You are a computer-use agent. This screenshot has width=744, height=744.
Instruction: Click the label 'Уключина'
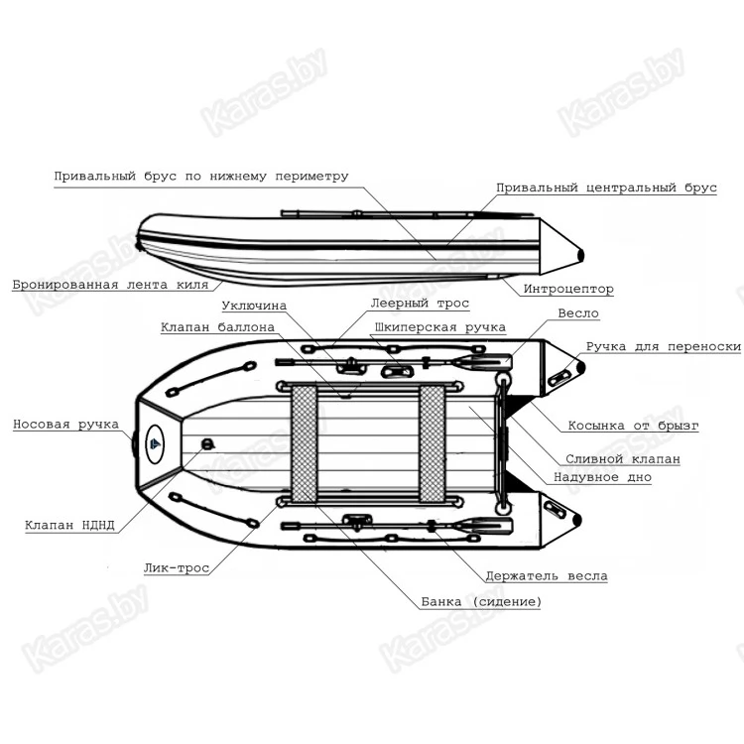pos(254,306)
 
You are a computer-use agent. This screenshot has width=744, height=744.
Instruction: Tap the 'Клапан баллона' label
pos(217,327)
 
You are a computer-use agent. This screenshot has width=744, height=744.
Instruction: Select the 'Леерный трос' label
pos(420,304)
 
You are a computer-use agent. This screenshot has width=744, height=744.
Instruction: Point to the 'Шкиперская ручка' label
pos(439,327)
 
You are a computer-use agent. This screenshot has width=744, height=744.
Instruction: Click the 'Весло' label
pos(578,313)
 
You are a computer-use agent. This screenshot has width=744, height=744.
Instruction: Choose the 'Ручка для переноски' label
pos(664,347)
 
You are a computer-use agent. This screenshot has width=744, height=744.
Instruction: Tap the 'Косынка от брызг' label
pos(634,426)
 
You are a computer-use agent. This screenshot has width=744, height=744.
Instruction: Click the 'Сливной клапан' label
pos(623,459)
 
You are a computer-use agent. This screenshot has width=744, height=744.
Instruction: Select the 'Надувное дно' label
pos(602,477)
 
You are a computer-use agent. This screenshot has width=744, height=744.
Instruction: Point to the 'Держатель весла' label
pos(547,576)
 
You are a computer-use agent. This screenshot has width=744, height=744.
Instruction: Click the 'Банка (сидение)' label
pos(481,602)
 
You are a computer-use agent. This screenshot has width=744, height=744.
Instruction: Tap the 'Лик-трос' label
pos(177,568)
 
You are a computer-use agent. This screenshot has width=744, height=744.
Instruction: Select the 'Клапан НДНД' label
pos(69,525)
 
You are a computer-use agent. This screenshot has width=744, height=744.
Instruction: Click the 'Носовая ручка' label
pos(65,425)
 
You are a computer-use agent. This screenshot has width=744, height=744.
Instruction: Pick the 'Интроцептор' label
pos(568,289)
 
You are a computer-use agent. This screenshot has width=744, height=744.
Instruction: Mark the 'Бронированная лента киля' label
pos(110,285)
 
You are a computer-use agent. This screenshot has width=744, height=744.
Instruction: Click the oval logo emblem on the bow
pos(155,444)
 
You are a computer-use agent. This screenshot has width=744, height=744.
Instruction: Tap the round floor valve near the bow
pos(208,444)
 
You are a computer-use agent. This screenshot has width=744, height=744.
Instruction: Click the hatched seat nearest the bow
pos(305,443)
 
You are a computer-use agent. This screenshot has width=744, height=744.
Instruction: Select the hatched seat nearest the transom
pos(433,443)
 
